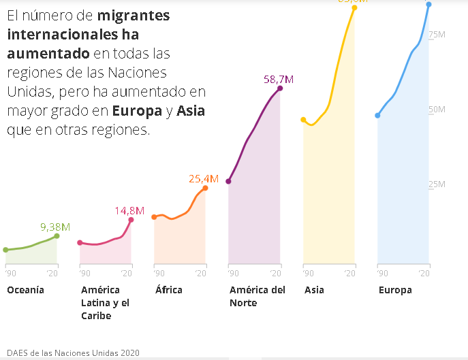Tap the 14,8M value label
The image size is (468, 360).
tap(129, 210)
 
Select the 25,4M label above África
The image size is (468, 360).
tap(203, 179)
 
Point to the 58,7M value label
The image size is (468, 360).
tap(278, 80)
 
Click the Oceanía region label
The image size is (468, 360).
tap(25, 290)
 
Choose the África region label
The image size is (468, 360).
tap(168, 290)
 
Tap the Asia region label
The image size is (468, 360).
tap(314, 290)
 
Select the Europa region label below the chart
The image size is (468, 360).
tap(395, 290)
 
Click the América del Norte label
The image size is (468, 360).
tap(257, 296)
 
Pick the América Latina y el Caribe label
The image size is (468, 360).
tap(105, 303)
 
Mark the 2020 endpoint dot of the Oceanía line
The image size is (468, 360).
tap(57, 236)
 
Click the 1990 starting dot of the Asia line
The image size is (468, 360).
tap(303, 120)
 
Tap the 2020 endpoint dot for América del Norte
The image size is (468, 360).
tap(280, 88)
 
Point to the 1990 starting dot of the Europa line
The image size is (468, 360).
tap(377, 116)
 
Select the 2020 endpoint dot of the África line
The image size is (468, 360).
tap(205, 188)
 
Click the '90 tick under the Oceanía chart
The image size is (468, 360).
tap(10, 273)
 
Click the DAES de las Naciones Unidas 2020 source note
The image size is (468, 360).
tap(73, 353)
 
